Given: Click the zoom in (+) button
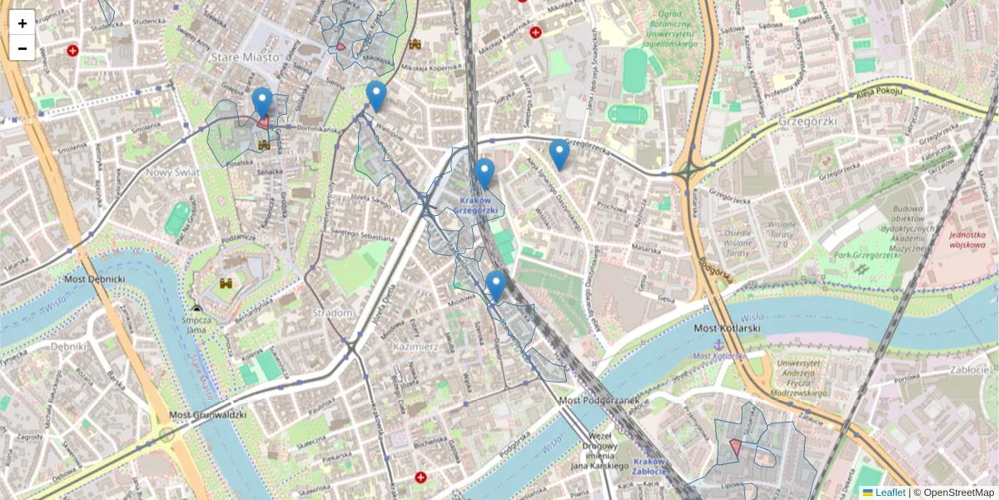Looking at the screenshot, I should [x=22, y=23].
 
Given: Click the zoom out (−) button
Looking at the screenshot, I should [x=22, y=48].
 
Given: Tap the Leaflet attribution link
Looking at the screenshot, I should [x=890, y=492].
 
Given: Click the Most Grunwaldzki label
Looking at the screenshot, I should [x=207, y=414].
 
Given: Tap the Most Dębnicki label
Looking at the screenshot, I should [x=94, y=278].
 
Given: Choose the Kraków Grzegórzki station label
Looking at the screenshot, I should [x=475, y=205].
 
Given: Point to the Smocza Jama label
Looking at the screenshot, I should [x=196, y=323].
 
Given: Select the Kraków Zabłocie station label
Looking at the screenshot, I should [x=649, y=467].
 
